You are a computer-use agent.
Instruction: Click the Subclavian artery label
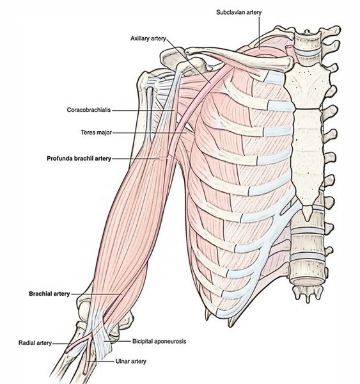click(x=239, y=12)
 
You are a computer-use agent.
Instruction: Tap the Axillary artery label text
click(x=148, y=38)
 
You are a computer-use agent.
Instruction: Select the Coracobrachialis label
click(x=89, y=110)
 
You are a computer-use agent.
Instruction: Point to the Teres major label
click(x=97, y=132)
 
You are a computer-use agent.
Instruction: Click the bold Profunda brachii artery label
click(x=79, y=159)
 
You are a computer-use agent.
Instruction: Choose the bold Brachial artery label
click(x=49, y=294)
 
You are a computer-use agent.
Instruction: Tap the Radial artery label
click(x=35, y=343)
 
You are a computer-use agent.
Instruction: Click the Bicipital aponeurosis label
click(x=159, y=341)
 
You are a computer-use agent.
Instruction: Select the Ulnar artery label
click(x=130, y=361)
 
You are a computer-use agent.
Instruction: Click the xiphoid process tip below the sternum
click(x=307, y=212)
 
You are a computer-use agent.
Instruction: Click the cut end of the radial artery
click(x=66, y=351)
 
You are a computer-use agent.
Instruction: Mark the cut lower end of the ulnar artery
click(x=84, y=373)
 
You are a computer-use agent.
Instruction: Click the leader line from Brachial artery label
click(x=96, y=294)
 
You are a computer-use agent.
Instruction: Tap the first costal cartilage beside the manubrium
click(x=274, y=77)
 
